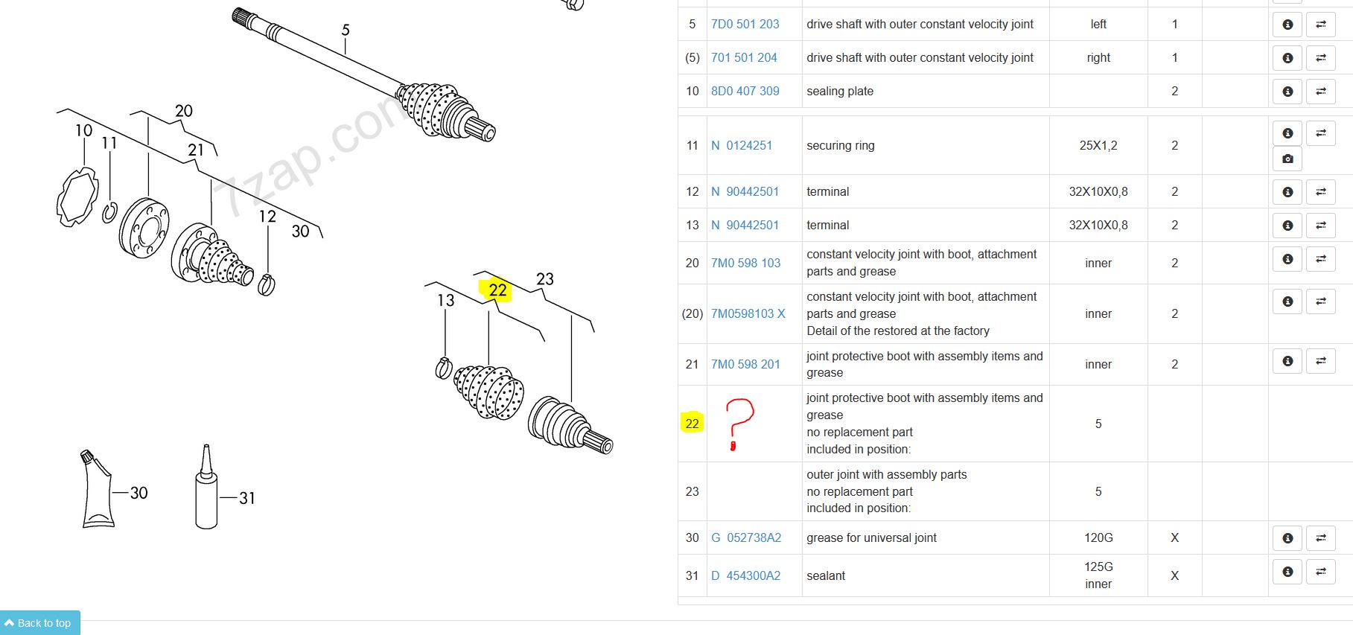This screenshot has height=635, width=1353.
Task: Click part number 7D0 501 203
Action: pos(745,24)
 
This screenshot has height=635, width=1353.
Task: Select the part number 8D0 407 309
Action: pos(745,91)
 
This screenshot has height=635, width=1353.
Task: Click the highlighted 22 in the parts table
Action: pos(692,424)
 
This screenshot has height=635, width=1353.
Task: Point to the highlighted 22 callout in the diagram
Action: pos(497,290)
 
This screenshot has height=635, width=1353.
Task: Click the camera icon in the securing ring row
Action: pos(1287,159)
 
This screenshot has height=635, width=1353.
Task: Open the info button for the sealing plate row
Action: pos(1287,92)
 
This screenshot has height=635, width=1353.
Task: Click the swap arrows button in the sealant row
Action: pos(1320,572)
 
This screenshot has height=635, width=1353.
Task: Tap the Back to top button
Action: pos(39,623)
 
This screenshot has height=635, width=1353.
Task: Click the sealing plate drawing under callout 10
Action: pos(77,197)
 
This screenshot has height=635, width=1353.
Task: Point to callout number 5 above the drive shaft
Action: pos(346,30)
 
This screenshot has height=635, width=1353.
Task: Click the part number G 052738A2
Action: pos(746,537)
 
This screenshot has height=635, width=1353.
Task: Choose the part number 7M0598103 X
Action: pos(748,313)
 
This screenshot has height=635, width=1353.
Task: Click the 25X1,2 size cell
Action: pos(1098,145)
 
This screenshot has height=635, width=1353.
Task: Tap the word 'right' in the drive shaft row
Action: pos(1098,57)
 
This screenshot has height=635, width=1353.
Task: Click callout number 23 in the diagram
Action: pos(545,279)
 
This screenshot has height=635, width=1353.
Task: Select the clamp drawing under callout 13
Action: pos(444,368)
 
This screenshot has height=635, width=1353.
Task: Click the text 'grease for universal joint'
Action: pos(871,537)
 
